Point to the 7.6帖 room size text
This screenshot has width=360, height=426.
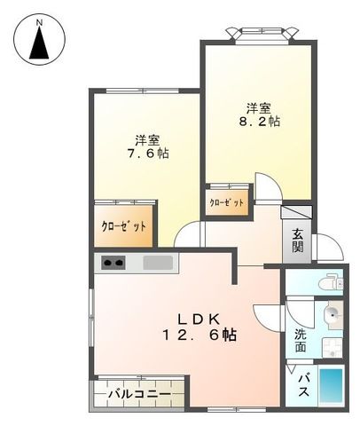click(148, 152)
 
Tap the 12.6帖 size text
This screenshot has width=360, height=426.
click(199, 335)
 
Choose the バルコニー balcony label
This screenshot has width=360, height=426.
click(140, 391)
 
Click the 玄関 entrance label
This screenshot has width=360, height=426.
click(297, 241)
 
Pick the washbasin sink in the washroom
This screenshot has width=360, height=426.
click(333, 315)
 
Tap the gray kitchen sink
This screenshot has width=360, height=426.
click(160, 263)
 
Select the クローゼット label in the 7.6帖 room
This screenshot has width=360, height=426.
click(123, 225)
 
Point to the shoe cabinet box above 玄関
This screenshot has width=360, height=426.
click(296, 213)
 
